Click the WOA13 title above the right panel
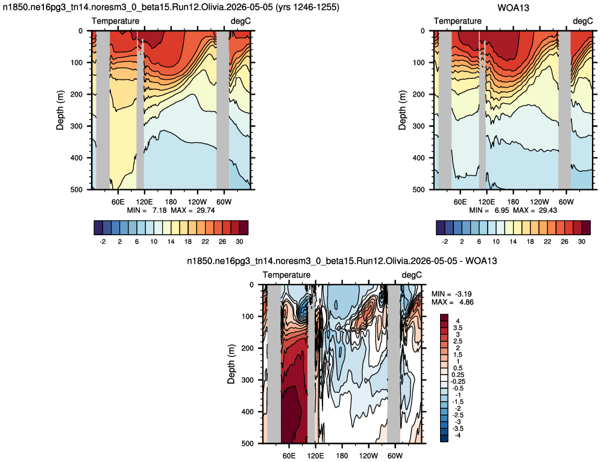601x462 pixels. coord(513,8)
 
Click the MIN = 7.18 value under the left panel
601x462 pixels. coord(147,210)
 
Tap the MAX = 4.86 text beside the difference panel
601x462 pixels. coord(452,302)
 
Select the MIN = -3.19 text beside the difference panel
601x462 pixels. coord(452,294)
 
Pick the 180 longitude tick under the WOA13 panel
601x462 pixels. coord(513,201)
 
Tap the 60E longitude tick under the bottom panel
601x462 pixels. coord(289,455)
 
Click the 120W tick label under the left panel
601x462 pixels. coord(197,201)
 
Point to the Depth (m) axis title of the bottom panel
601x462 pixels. coord(231,364)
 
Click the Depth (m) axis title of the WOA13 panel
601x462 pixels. coord(402,110)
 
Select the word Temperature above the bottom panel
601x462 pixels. coord(286,275)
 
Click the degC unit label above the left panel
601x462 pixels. coord(241,21)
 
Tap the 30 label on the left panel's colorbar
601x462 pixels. coord(239,241)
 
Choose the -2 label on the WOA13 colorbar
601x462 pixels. coord(445,241)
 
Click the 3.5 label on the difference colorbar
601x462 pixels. coord(458,328)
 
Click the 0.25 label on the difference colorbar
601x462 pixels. coord(458,375)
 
